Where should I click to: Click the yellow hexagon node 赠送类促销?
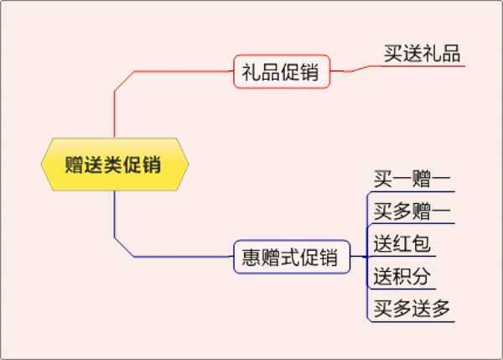tap(114, 164)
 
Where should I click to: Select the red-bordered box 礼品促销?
tap(280, 71)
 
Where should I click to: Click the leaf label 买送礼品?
tap(422, 54)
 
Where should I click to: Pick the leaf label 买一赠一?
tap(412, 180)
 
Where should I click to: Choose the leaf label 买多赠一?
tap(412, 211)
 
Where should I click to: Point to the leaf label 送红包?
tap(402, 244)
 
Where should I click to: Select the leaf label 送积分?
tap(402, 276)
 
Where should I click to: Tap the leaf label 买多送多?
tap(412, 308)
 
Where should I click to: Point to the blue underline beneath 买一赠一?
tap(412, 192)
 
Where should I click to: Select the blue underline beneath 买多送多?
tap(412, 321)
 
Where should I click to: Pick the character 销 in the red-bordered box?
tap(310, 71)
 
